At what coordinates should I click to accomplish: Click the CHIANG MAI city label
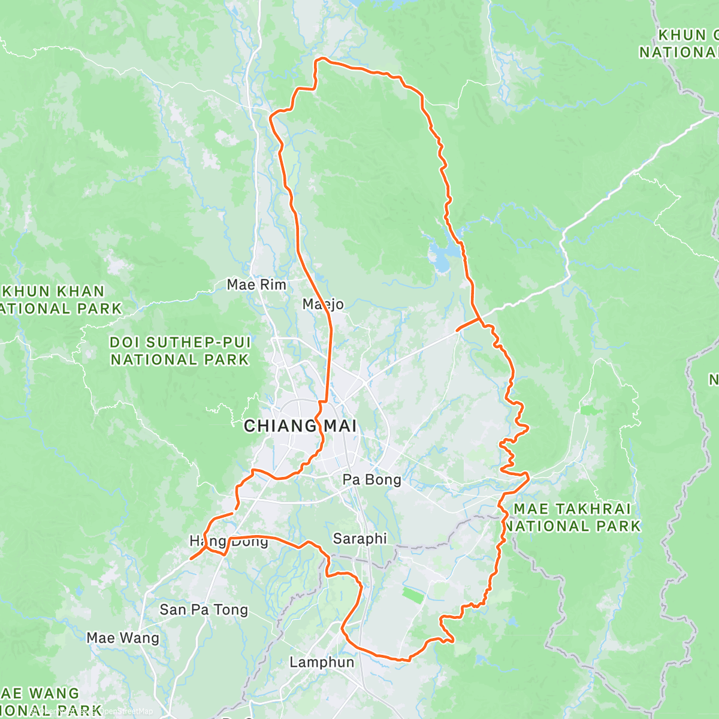coord(300,427)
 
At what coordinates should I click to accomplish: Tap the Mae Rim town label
coord(256,285)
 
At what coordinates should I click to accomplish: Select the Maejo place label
coord(324,304)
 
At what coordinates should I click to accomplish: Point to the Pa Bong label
coord(371,479)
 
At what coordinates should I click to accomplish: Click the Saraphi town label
coord(359,539)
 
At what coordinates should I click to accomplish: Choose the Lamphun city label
coord(322,662)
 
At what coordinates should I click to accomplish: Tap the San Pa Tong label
coord(204,610)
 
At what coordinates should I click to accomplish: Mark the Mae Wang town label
coord(123,638)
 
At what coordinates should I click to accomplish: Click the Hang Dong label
coord(229,542)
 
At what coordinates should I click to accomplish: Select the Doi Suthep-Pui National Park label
coord(180,351)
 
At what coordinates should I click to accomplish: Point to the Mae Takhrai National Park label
coord(572,518)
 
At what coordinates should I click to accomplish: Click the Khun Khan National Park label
coord(57,300)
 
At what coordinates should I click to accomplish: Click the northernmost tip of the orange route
coord(322,59)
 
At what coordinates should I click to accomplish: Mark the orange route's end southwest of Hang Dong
coord(191,559)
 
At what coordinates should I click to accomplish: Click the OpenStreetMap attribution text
coord(126,711)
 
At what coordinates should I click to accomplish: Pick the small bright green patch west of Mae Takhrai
coord(591,410)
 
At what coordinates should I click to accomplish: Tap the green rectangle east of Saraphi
coord(412,595)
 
